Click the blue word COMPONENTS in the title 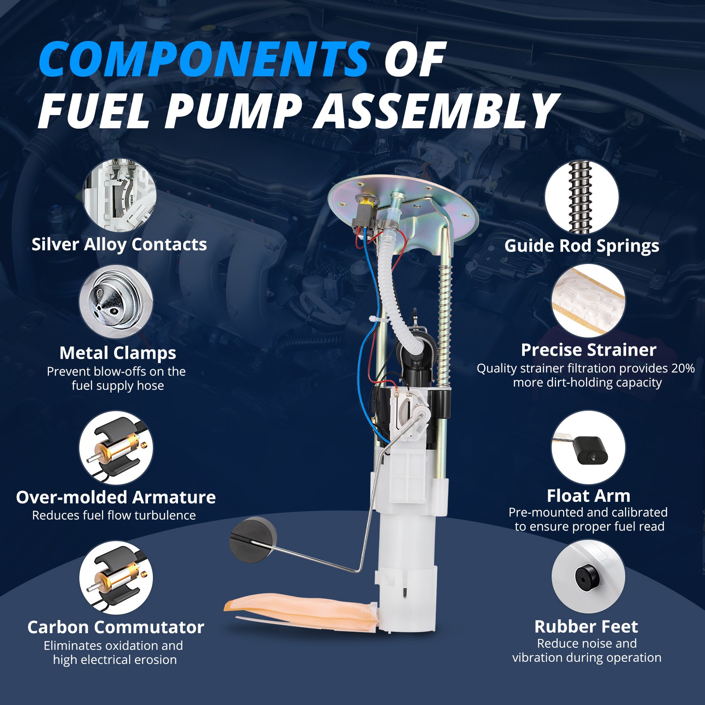[x=204, y=59]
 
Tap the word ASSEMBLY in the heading [x=436, y=112]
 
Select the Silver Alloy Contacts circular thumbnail [x=119, y=195]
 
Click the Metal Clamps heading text [x=118, y=352]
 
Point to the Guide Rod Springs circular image [x=582, y=197]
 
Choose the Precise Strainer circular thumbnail [x=588, y=301]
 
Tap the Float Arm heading [x=588, y=496]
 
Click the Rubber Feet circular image [x=588, y=576]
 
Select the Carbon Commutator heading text [x=116, y=627]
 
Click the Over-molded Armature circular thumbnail [x=116, y=448]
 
